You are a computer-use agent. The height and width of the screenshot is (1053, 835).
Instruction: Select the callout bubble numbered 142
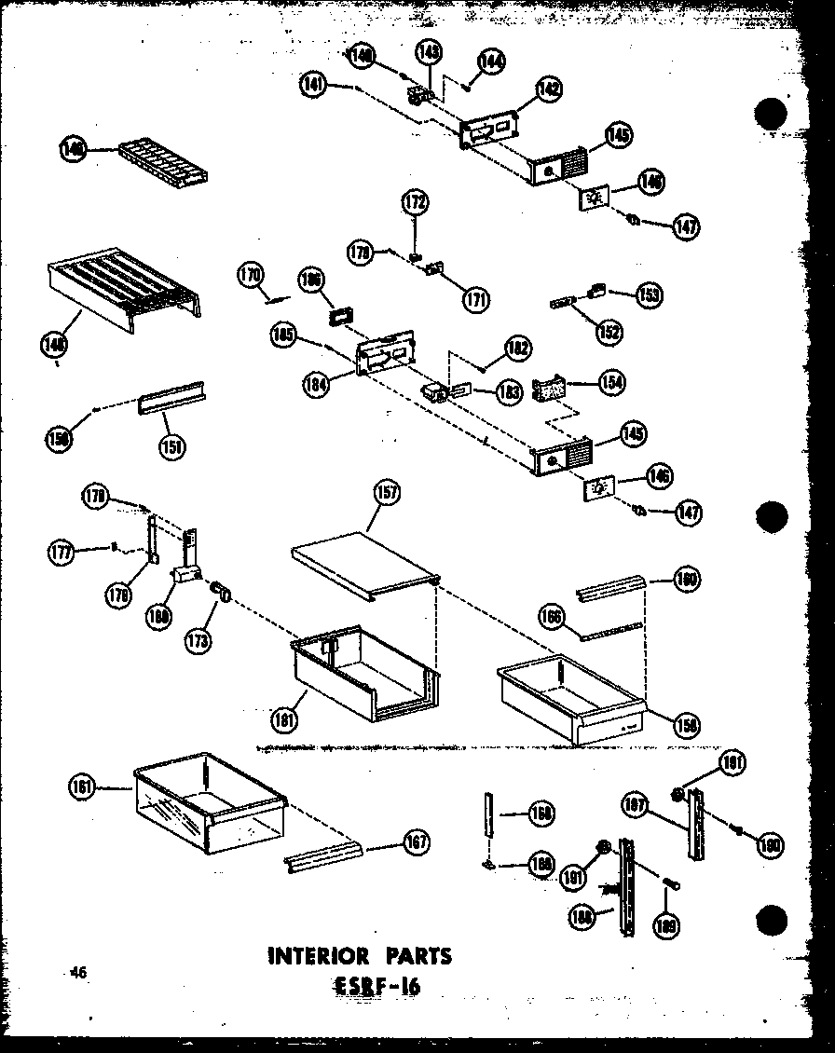click(549, 89)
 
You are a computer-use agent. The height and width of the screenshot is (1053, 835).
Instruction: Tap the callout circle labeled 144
click(491, 62)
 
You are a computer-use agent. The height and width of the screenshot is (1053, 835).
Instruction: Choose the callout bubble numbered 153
click(649, 294)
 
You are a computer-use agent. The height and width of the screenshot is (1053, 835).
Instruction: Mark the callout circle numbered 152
click(610, 331)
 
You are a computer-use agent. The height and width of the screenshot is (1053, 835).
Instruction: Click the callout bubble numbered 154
click(613, 382)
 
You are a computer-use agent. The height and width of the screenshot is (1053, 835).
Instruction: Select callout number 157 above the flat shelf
click(385, 495)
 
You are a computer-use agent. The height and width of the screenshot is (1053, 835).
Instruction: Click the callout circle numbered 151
click(171, 445)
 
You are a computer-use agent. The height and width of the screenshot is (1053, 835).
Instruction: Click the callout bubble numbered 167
click(417, 842)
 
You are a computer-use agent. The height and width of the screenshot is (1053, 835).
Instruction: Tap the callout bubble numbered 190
click(770, 844)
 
